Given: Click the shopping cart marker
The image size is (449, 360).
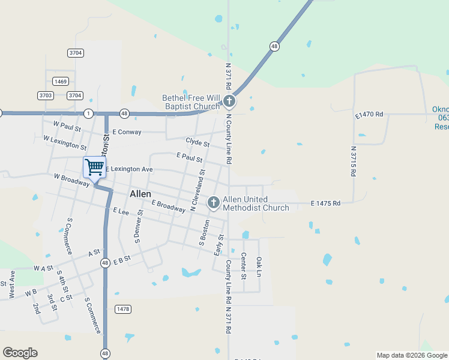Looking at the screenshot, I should click(x=94, y=167).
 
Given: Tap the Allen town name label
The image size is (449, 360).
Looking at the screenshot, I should click(x=140, y=194).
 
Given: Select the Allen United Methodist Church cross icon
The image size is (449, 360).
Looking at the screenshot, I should click(x=213, y=203).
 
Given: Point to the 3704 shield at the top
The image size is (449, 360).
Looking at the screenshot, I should click(x=75, y=53).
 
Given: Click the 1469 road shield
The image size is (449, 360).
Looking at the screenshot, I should click(x=60, y=82).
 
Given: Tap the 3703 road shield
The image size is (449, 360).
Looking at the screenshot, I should click(x=46, y=95).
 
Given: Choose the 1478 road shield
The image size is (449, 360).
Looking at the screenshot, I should click(x=122, y=309).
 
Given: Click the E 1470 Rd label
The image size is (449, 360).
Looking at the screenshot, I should click(x=369, y=114).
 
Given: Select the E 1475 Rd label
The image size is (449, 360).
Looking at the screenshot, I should click(x=325, y=203).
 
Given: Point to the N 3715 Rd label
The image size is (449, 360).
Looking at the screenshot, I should click(x=354, y=161).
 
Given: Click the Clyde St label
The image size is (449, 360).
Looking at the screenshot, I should click(x=197, y=143).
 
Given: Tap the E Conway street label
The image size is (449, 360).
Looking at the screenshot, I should click(x=126, y=132).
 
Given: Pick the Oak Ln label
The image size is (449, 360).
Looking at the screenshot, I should click(x=259, y=266).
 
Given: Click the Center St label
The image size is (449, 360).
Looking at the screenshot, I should click(x=244, y=266).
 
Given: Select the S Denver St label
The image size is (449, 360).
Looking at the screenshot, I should click(x=139, y=226).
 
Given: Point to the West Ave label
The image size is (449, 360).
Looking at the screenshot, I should click(x=11, y=284).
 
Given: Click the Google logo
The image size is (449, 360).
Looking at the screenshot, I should click(x=20, y=353).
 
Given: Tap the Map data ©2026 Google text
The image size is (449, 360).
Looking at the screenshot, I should click(x=411, y=355).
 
